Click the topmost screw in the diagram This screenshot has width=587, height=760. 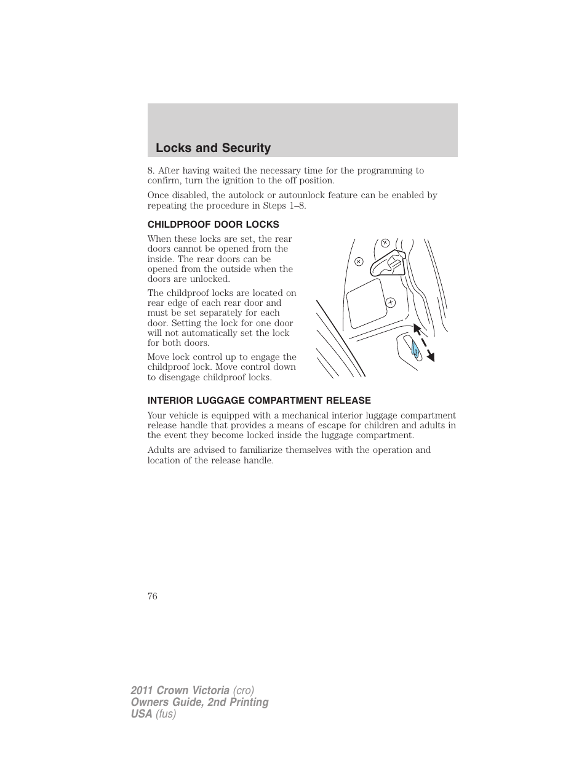[x=385, y=242]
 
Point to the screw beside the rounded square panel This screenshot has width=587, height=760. [x=390, y=302]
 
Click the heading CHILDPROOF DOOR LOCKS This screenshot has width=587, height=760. [x=213, y=225]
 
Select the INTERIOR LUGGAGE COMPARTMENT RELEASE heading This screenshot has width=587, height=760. [x=259, y=401]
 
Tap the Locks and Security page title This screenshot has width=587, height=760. [x=213, y=148]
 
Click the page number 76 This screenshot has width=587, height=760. [x=153, y=596]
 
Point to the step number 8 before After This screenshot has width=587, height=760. [x=151, y=170]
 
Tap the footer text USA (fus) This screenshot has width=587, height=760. [x=154, y=714]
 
